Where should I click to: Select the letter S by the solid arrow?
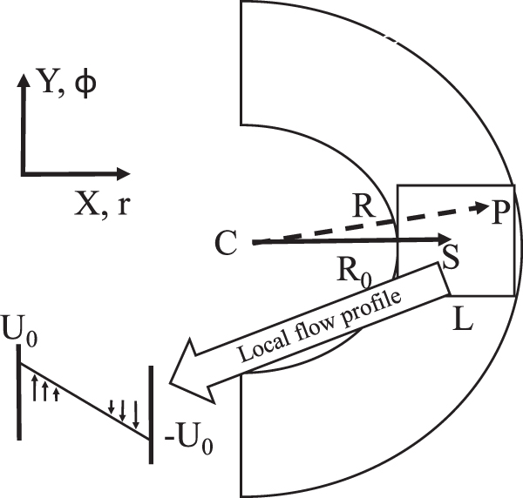[452, 257]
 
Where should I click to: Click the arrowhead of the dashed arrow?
[479, 209]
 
